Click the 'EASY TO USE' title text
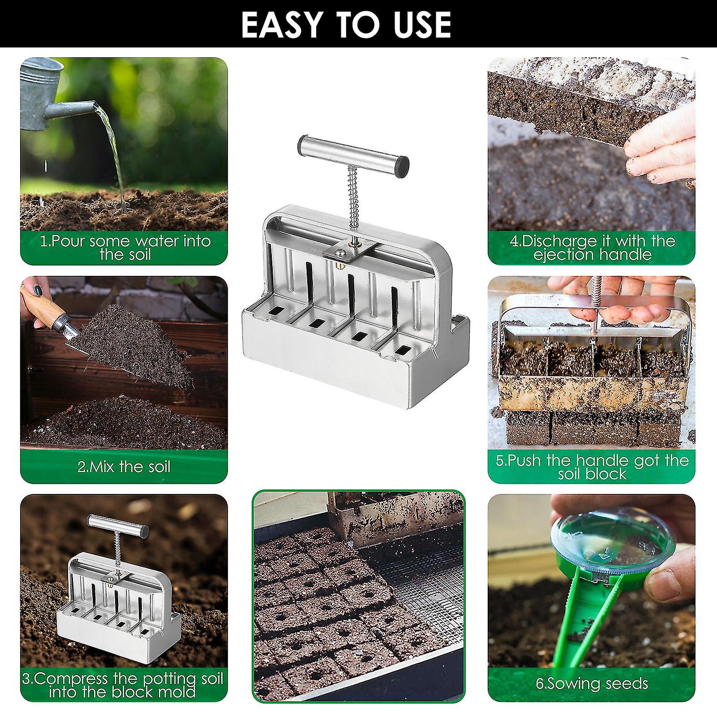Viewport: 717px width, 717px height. pyautogui.click(x=346, y=24)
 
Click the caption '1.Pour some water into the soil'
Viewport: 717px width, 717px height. pyautogui.click(x=125, y=248)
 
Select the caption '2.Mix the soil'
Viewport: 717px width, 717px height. pyautogui.click(x=124, y=467)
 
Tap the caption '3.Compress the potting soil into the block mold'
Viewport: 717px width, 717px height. pyautogui.click(x=123, y=685)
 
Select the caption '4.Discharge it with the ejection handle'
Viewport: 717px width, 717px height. pyautogui.click(x=592, y=248)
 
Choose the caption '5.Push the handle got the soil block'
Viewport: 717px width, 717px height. pyautogui.click(x=592, y=467)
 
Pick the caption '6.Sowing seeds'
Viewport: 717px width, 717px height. pyautogui.click(x=592, y=683)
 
